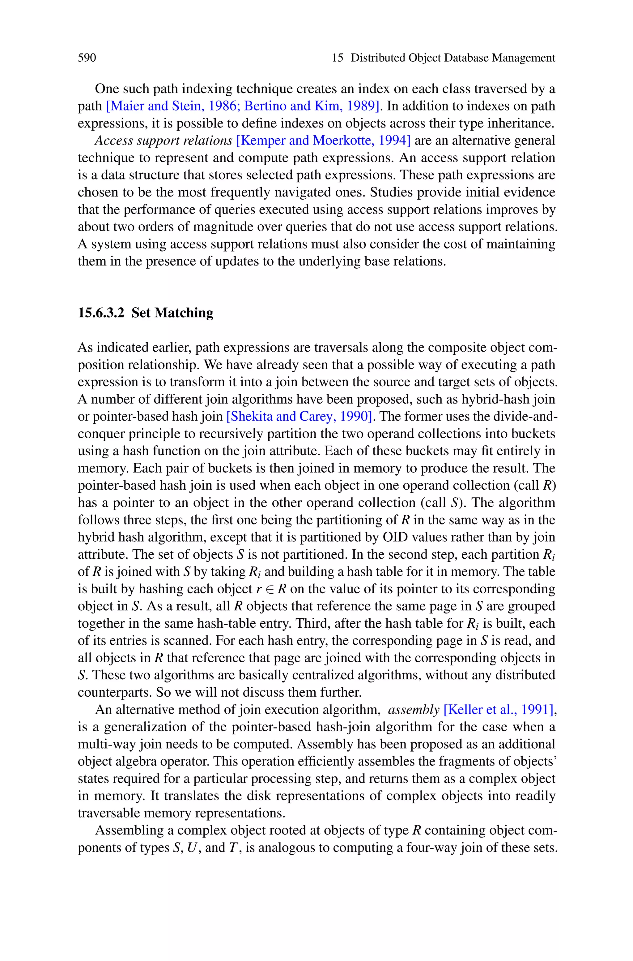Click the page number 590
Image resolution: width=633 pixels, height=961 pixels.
pos(87,58)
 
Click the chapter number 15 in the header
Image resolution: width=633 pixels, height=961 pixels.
pos(338,58)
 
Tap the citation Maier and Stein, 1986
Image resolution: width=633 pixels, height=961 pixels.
pos(174,106)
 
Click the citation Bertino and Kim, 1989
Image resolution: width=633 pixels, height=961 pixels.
pos(311,106)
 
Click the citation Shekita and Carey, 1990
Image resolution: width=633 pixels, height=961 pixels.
pos(299,416)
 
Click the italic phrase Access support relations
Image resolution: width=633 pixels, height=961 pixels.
pos(164,141)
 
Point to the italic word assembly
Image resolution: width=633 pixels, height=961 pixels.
pos(413,710)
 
